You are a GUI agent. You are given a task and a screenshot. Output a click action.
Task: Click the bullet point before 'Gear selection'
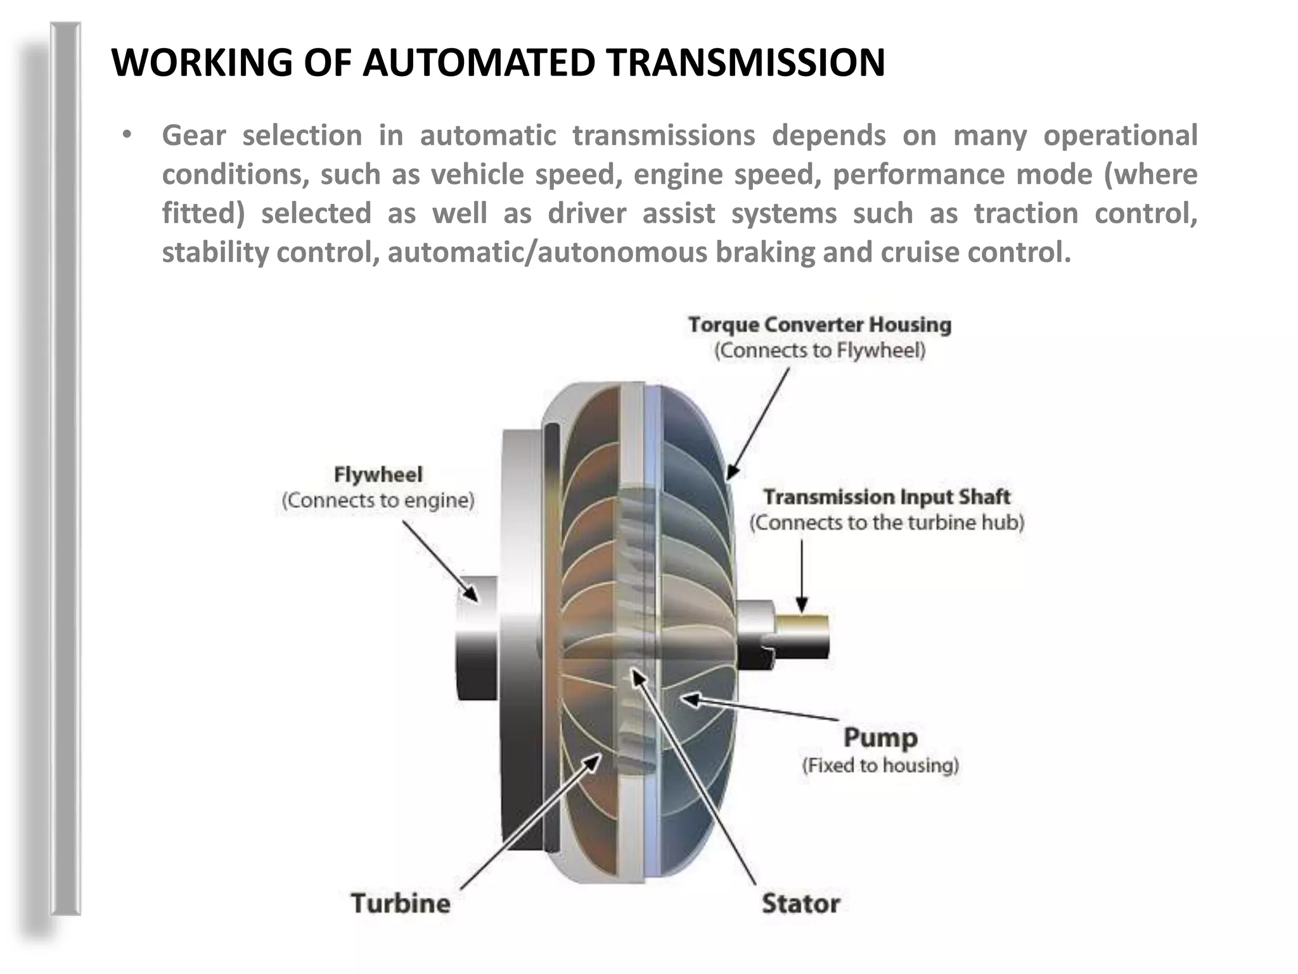(127, 135)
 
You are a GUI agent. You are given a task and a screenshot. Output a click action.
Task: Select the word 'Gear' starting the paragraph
(193, 136)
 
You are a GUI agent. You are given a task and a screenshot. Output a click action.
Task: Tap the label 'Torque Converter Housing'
(819, 325)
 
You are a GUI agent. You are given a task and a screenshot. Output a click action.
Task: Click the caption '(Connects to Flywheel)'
(820, 351)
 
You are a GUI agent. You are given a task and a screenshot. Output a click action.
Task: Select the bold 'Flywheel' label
(378, 474)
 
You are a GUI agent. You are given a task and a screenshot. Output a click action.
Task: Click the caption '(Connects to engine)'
(378, 500)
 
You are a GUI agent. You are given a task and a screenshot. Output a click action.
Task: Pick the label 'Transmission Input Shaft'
(886, 497)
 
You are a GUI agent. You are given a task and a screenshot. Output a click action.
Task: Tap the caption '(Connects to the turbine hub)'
(886, 523)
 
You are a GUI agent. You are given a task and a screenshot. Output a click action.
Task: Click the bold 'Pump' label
(880, 737)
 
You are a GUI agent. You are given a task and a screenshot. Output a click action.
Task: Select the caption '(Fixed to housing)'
(880, 765)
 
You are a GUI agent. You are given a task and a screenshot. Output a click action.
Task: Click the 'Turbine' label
(401, 903)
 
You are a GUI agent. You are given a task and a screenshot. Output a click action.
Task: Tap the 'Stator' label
(800, 903)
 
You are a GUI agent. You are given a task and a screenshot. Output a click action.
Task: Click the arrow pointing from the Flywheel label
(440, 561)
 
